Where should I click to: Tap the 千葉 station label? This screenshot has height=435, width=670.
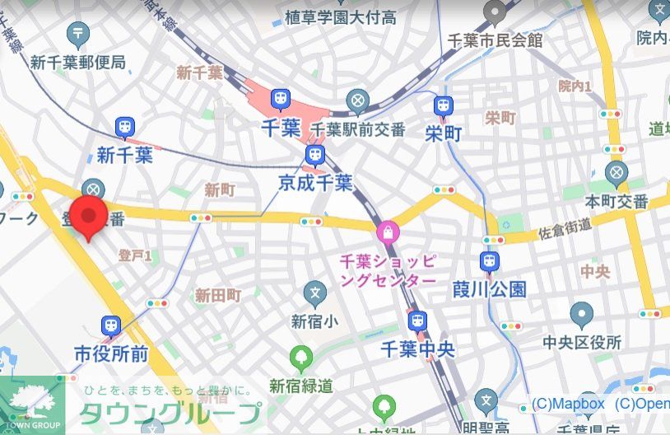tap(280, 129)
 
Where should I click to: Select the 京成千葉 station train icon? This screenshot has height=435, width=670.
tap(314, 155)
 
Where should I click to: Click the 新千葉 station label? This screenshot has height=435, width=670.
tap(124, 155)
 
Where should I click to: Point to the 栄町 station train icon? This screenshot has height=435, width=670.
tap(444, 105)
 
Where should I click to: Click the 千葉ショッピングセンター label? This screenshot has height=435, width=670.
tap(388, 271)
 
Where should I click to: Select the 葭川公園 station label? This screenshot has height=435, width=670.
tap(490, 289)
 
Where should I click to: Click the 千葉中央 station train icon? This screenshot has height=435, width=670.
tap(418, 320)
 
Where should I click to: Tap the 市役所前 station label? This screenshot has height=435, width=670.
tap(111, 353)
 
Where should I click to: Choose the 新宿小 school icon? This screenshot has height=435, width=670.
tap(314, 292)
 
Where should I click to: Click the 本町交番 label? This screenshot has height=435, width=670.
tap(616, 202)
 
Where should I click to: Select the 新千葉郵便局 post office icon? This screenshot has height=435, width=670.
tap(78, 34)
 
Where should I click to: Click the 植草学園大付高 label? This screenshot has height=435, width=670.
tap(351, 16)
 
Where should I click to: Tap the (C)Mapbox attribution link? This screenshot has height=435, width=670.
tap(568, 404)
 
